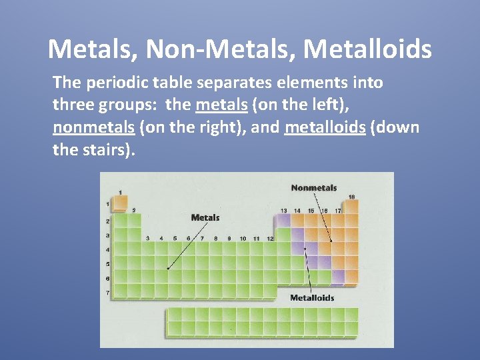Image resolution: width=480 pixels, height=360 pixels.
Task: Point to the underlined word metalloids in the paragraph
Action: coord(325,127)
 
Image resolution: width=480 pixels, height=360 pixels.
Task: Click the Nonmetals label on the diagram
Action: coord(313,188)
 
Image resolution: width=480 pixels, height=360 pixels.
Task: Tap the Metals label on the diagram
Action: coord(205,217)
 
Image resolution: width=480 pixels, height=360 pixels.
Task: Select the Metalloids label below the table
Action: coord(312,297)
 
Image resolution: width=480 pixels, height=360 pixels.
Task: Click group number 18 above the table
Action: coord(351,197)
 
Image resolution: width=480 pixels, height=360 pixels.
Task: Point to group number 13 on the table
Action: coord(283,211)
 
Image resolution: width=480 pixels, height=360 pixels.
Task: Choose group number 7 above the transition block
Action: coord(202,238)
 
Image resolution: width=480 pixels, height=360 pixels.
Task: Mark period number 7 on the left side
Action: coord(107,293)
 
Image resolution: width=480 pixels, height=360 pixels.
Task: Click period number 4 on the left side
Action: coord(107,250)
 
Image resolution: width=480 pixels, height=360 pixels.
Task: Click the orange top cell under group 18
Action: coord(351,206)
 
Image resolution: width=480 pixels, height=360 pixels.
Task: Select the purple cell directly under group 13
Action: coord(283,220)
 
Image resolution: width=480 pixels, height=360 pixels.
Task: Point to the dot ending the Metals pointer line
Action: coord(167,268)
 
